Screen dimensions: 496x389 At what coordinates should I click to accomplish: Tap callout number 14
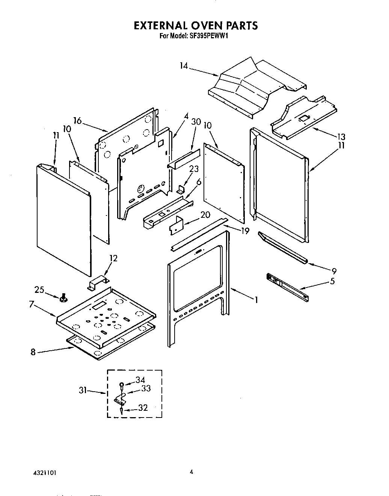[x=184, y=66]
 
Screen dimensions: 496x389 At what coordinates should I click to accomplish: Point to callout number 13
[x=341, y=137]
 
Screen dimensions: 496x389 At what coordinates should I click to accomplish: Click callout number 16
[x=77, y=121]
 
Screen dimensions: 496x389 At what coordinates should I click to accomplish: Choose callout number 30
[x=196, y=122]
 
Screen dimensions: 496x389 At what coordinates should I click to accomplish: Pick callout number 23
[x=194, y=169]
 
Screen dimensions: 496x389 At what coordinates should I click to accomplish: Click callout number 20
[x=205, y=215]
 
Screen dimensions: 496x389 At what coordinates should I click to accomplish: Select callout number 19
[x=245, y=231]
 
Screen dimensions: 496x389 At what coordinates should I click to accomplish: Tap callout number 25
[x=39, y=290]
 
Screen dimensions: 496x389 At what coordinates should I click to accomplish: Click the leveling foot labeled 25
[x=63, y=299]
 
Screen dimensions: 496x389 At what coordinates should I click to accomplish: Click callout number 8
[x=33, y=353]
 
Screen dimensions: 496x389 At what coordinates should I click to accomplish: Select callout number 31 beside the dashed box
[x=83, y=390]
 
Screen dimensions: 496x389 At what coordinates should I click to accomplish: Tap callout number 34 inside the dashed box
[x=140, y=380]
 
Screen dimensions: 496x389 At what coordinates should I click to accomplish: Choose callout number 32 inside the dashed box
[x=143, y=408]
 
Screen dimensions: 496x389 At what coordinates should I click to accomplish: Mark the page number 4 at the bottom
[x=191, y=472]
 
